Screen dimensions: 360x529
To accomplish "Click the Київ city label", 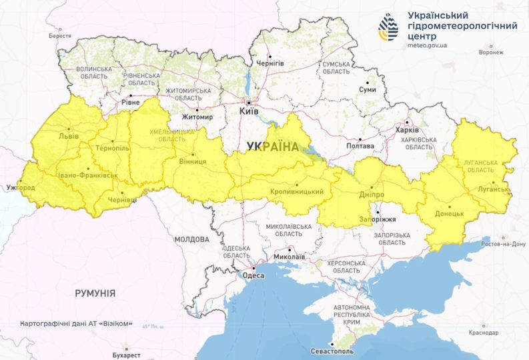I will click(249, 112).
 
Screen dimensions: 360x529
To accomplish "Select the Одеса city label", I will click(253, 275).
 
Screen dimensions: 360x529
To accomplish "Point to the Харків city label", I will click(406, 130).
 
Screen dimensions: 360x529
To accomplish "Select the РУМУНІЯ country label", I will click(95, 293).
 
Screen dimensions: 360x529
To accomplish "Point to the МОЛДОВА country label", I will click(192, 239).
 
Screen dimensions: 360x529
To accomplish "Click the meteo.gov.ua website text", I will click(427, 45).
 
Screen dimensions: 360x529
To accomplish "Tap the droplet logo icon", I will click(389, 27).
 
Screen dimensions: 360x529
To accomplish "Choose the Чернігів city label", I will click(270, 63).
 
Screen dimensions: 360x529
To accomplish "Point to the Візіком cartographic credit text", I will click(76, 324).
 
